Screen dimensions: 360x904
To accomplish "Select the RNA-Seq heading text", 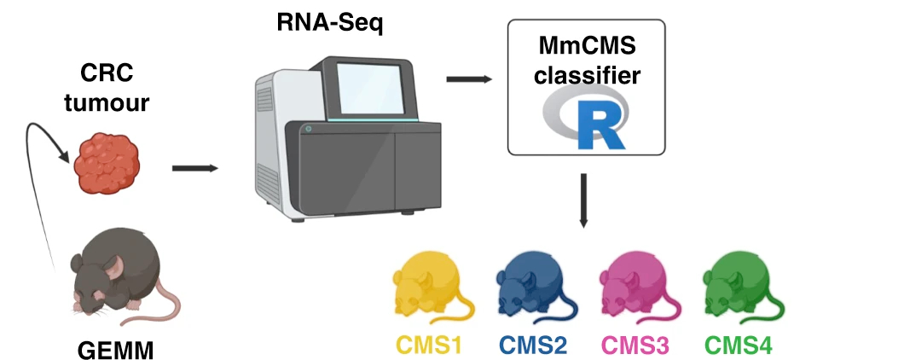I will tap(330, 22).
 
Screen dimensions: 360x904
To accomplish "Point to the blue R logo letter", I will tap(594, 126).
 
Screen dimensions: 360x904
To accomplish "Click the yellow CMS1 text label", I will tap(428, 345).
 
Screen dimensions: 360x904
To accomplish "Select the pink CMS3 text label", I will tap(636, 345).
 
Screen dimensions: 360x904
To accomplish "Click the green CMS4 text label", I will tap(739, 345).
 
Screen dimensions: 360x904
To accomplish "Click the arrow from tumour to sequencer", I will tap(194, 167).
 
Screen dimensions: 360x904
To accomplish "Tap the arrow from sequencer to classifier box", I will tap(469, 79).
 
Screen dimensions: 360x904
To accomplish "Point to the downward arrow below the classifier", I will tap(584, 201).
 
